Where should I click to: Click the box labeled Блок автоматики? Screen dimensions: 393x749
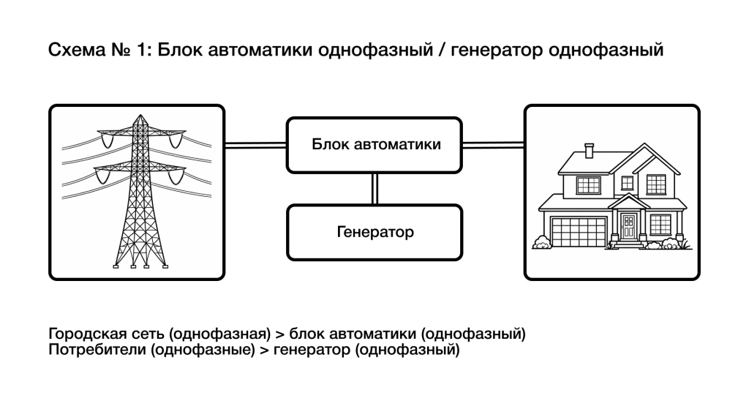[x=374, y=144]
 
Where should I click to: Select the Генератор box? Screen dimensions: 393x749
[x=374, y=233]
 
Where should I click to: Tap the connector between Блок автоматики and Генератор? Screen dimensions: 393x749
[x=374, y=188]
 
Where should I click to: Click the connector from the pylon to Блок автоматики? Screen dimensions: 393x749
[x=255, y=145]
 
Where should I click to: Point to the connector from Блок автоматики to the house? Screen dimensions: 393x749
[x=494, y=145]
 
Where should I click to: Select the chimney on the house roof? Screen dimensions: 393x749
[x=590, y=150]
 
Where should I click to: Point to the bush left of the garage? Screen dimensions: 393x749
[x=542, y=242]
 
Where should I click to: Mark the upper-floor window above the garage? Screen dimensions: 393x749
[x=588, y=184]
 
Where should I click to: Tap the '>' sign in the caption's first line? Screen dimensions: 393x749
[x=280, y=334]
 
